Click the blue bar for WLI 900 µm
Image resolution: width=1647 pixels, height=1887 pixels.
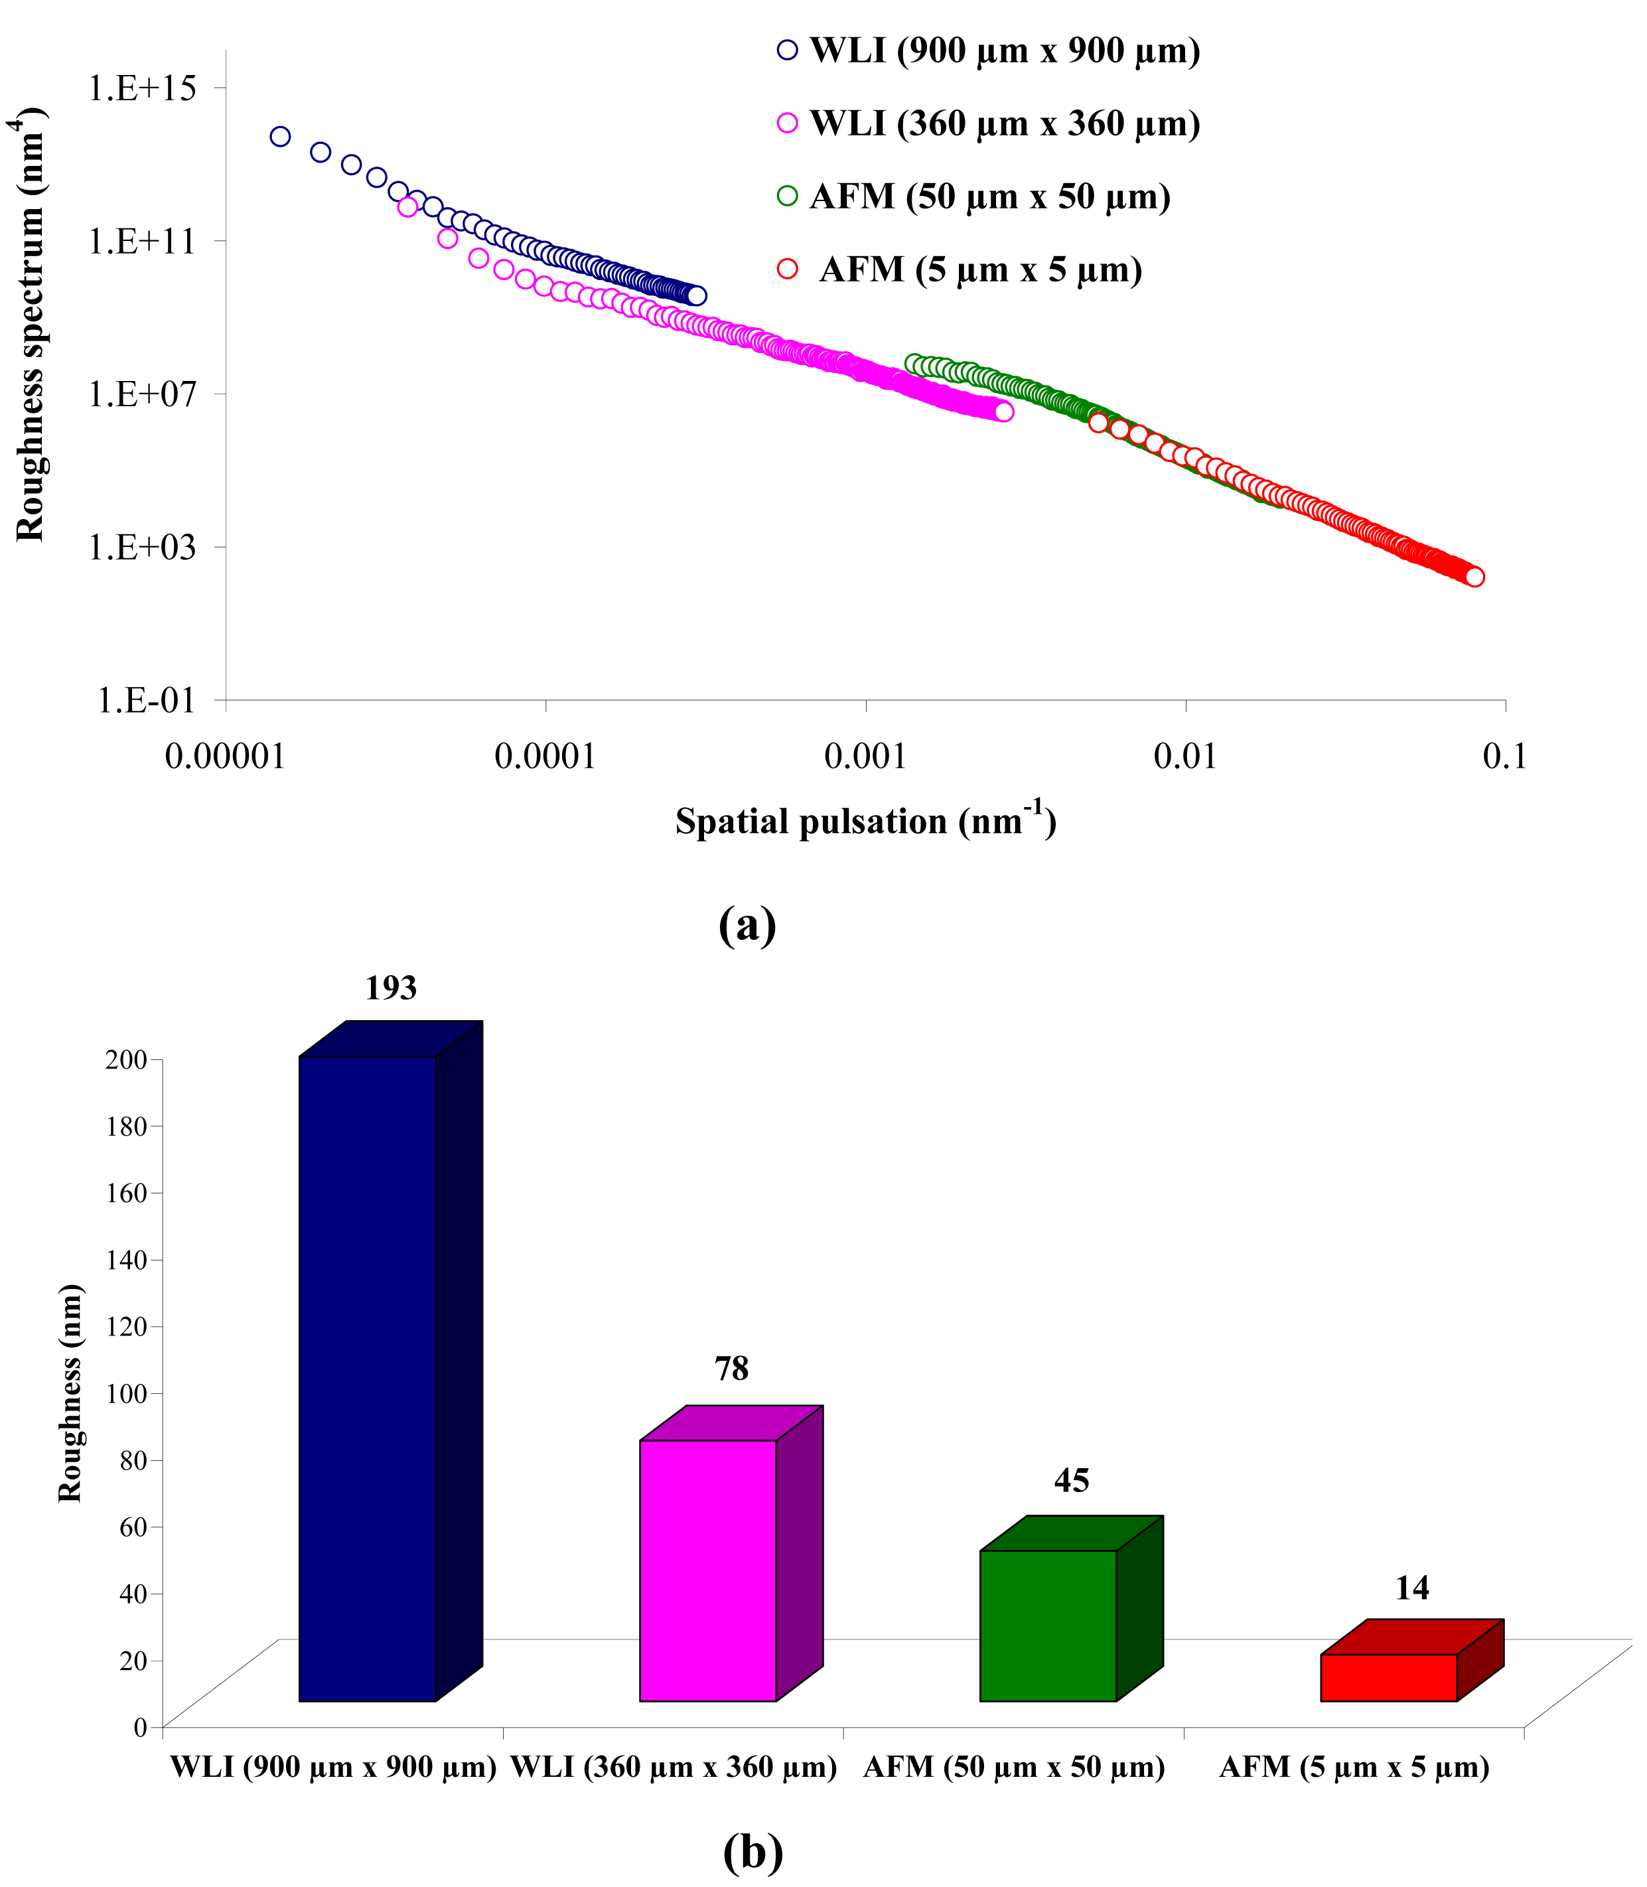pos(368,1379)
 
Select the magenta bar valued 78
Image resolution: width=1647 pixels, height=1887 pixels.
pos(707,1572)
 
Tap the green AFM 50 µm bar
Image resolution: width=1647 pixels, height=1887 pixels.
pos(1048,1627)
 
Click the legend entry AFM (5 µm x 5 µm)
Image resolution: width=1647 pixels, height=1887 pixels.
pos(979,270)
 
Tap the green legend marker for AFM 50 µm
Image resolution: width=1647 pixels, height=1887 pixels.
pos(788,196)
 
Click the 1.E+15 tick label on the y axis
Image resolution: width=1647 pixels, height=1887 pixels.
pos(143,88)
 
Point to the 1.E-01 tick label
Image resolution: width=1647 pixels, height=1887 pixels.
pos(147,700)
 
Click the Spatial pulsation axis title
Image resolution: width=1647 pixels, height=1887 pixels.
pos(865,821)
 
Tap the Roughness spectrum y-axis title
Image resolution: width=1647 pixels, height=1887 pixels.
pos(31,327)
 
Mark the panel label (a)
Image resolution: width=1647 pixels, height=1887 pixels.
pos(747,925)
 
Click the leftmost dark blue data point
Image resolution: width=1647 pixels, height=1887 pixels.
pos(280,137)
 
